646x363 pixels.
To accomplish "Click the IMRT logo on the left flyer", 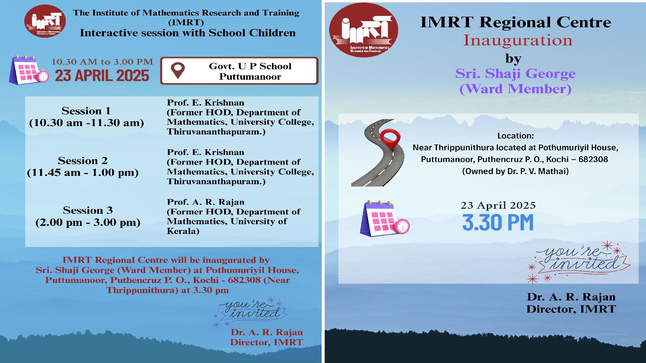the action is pos(45,21).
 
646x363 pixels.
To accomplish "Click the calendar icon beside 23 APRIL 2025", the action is pos(29,70).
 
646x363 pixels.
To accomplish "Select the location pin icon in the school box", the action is pos(178,71).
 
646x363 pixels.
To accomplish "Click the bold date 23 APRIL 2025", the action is pos(102,76).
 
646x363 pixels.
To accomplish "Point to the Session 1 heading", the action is pos(86,111).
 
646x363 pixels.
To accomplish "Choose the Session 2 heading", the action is pos(83,161).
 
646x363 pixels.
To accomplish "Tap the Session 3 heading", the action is pos(88,210).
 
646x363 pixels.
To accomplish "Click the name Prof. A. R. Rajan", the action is pos(206,202).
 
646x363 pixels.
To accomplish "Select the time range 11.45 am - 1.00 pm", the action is pos(83,173).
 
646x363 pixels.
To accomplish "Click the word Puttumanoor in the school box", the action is pos(250,77).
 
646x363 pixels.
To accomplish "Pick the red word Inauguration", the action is pos(518,41).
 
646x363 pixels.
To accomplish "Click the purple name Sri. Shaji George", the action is pos(515,74).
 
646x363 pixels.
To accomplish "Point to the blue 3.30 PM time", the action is pos(498,223).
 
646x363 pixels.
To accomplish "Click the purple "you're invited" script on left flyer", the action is pos(250,311).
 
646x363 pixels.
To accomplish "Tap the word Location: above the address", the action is pos(515,136).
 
